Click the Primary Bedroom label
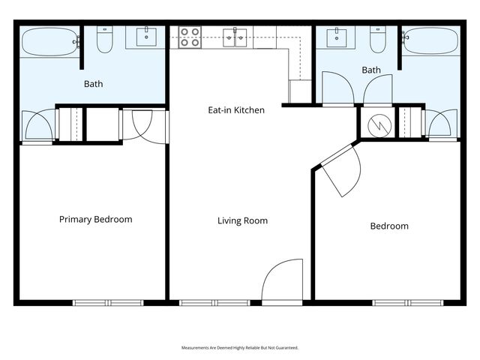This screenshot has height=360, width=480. (95, 220)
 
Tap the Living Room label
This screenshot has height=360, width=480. (242, 221)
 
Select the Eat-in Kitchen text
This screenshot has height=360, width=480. (236, 110)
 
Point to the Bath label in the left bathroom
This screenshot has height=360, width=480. (94, 84)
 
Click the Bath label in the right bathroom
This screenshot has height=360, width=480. (371, 70)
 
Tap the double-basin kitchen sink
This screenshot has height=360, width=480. (235, 37)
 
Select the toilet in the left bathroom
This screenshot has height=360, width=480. (105, 41)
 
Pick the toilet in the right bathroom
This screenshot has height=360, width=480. (377, 41)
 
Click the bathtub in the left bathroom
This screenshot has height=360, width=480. (49, 43)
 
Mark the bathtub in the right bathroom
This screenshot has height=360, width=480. (430, 41)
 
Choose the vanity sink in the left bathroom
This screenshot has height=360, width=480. (145, 36)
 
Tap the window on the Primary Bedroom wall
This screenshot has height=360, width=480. (107, 303)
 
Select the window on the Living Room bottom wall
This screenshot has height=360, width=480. (215, 303)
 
